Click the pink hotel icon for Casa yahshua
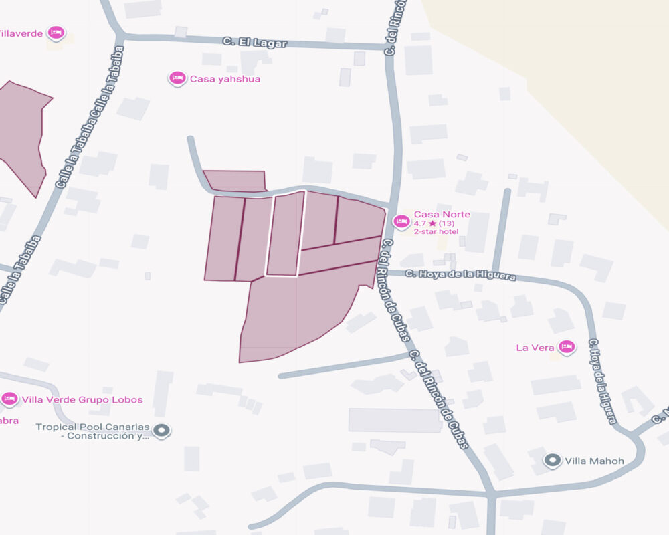(x=177, y=78)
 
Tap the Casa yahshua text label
(x=225, y=79)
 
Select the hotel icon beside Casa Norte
(x=401, y=221)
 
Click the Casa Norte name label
(x=442, y=215)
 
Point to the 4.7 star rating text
(x=434, y=223)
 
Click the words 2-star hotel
(x=436, y=231)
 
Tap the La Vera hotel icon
(x=567, y=346)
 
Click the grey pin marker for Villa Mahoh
(x=552, y=460)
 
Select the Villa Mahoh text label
(x=594, y=461)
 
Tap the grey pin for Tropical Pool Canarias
(x=161, y=430)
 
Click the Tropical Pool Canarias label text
(x=93, y=431)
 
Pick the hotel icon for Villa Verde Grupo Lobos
(x=9, y=399)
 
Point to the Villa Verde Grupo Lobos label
(x=82, y=400)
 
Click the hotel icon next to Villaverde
(x=56, y=33)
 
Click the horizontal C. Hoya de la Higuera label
(x=460, y=274)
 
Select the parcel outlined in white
(x=286, y=234)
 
